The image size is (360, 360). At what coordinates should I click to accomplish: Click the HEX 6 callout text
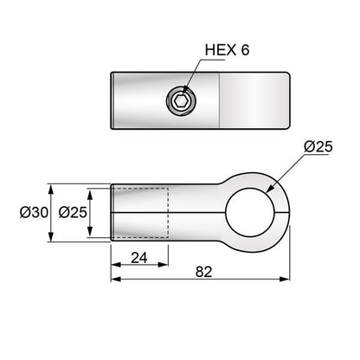pos(227,50)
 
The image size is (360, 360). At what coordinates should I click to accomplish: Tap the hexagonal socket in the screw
pos(181,100)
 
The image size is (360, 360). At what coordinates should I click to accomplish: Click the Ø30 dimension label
pos(34,213)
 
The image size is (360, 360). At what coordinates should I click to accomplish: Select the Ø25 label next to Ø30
pos(73,213)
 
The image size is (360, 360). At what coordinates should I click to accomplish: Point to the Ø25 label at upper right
pos(318,147)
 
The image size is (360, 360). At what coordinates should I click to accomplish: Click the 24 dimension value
pos(139,258)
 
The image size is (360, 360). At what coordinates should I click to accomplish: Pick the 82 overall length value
pos(203,272)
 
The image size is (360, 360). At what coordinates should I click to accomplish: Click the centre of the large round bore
pos(250,213)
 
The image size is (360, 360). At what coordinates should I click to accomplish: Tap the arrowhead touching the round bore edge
pos(270,189)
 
